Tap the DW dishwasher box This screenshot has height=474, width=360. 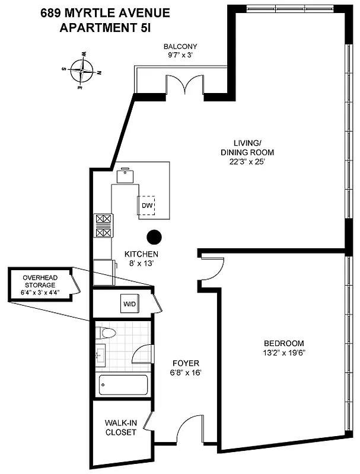(x=147, y=206)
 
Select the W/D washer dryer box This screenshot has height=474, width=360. (x=129, y=305)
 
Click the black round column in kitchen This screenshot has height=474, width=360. (x=154, y=237)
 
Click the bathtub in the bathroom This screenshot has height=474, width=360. (x=123, y=386)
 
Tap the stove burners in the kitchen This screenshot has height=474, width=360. (x=103, y=226)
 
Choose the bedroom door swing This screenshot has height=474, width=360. (x=212, y=269)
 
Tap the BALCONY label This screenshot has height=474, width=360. (x=180, y=47)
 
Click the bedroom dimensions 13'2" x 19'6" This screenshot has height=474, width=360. (x=283, y=353)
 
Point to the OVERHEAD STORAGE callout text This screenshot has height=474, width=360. (x=40, y=284)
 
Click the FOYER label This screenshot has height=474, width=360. (x=186, y=363)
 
